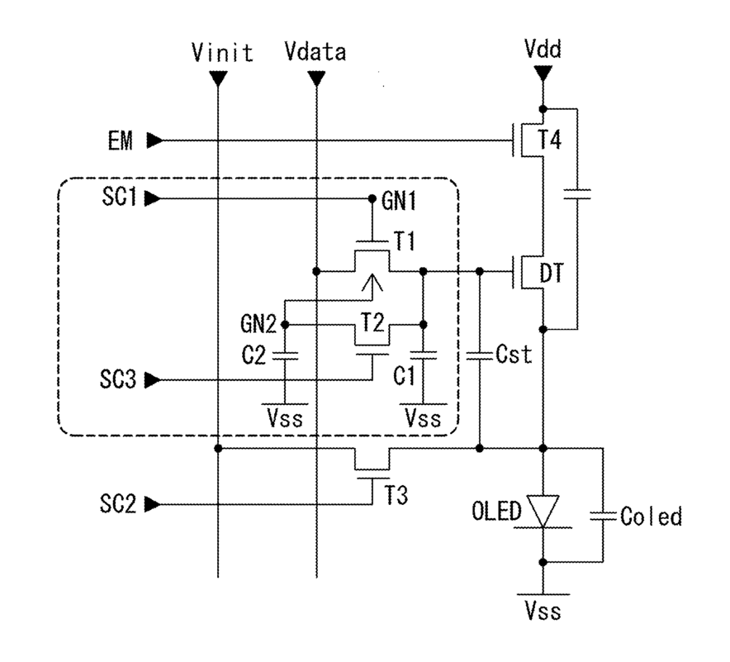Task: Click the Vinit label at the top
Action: pyautogui.click(x=222, y=52)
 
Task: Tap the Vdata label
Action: pyautogui.click(x=315, y=52)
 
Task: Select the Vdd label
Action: pyautogui.click(x=543, y=49)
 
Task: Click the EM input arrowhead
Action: pyautogui.click(x=154, y=140)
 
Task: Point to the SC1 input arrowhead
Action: pyautogui.click(x=152, y=199)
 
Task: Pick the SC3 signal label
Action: pyautogui.click(x=118, y=379)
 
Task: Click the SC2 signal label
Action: pyautogui.click(x=118, y=503)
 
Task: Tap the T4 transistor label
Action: pyautogui.click(x=549, y=140)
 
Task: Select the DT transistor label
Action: pyautogui.click(x=552, y=273)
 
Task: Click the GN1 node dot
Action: pyautogui.click(x=372, y=199)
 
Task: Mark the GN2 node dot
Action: pyautogui.click(x=286, y=324)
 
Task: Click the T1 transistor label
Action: pyautogui.click(x=404, y=242)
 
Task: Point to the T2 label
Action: pyautogui.click(x=372, y=322)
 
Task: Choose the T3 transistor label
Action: pyautogui.click(x=396, y=495)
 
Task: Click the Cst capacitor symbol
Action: pyautogui.click(x=480, y=356)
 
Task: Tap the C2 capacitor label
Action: pyautogui.click(x=254, y=356)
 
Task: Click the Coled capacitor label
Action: pyautogui.click(x=651, y=517)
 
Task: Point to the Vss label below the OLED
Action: pyautogui.click(x=543, y=611)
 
